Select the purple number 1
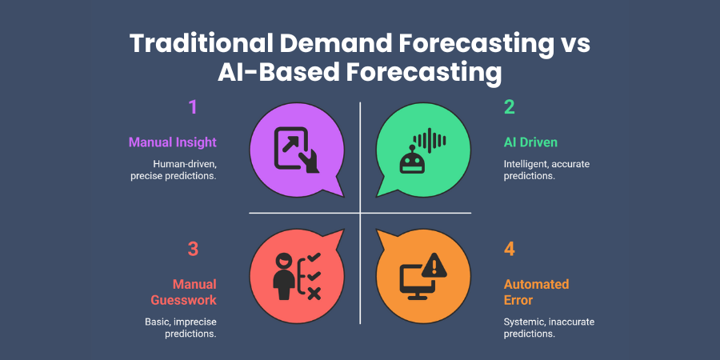[x=192, y=107]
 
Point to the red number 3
[x=192, y=249]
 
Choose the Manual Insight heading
[x=172, y=142]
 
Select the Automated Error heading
[x=536, y=292]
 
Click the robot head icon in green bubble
[x=411, y=161]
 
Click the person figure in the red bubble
[x=284, y=275]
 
